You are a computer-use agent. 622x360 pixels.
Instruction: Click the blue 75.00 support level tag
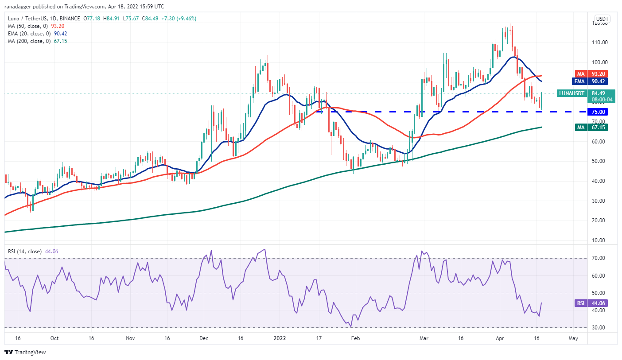coord(597,112)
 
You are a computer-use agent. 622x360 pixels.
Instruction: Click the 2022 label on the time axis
coord(280,338)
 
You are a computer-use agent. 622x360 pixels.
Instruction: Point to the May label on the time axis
coord(573,338)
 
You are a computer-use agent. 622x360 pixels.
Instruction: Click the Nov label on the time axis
coord(130,338)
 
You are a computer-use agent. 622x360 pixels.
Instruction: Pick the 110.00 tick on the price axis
coord(600,43)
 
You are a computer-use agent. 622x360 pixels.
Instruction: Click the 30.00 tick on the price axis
coord(600,201)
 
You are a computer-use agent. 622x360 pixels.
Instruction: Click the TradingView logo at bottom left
coord(25,352)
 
